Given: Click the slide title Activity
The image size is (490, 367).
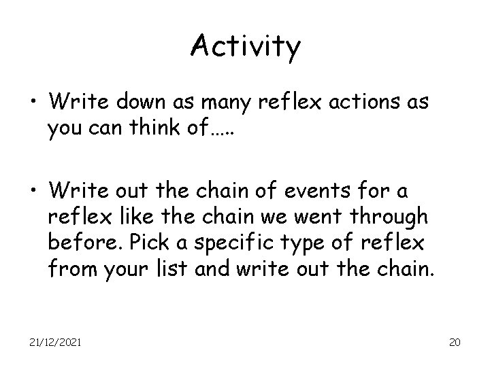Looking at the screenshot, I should pos(245,46).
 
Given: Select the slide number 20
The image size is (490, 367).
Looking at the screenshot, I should pos(455,342).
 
